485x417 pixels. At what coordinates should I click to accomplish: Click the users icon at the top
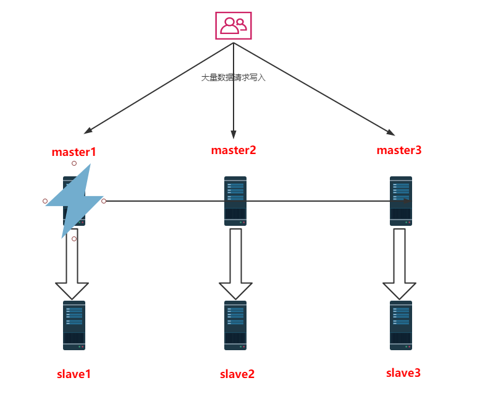(234, 25)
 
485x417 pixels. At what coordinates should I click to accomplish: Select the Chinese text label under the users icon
(233, 78)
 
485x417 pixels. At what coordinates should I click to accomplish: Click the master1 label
(74, 152)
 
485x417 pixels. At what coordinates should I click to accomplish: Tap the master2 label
(234, 150)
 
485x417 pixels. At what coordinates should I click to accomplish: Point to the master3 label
(399, 150)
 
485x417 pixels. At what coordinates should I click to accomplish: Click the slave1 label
(74, 374)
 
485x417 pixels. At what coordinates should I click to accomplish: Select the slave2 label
(237, 374)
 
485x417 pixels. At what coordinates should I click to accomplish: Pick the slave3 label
(403, 372)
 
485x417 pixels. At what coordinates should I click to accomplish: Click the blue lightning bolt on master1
(75, 200)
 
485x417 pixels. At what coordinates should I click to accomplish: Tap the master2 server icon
(235, 201)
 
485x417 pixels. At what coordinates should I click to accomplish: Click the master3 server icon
(401, 201)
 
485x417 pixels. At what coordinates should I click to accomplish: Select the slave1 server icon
(74, 325)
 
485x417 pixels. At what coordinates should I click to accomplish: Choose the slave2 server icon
(235, 325)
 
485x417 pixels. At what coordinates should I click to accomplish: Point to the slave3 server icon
(401, 325)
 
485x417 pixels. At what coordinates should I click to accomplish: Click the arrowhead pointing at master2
(234, 134)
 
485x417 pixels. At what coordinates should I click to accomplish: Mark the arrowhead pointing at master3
(390, 132)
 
